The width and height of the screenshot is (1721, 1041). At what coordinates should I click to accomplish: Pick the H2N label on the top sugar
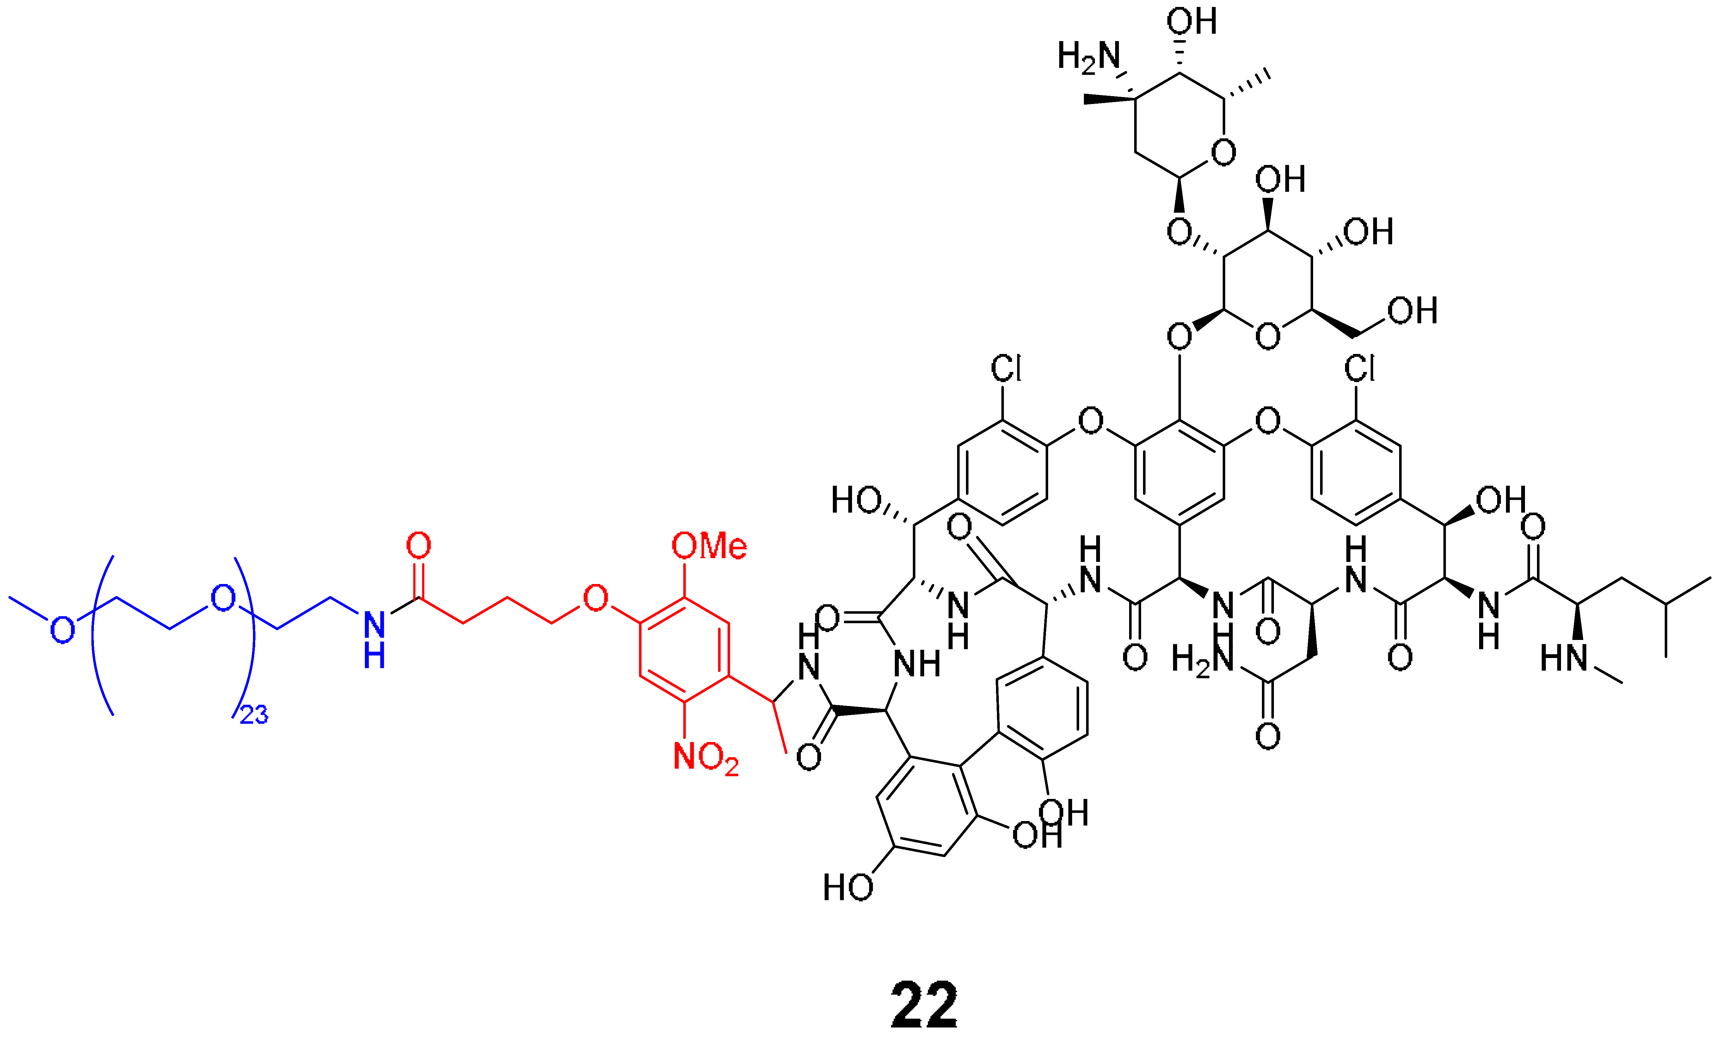1088,57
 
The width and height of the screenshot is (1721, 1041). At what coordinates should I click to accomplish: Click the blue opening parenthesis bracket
101,635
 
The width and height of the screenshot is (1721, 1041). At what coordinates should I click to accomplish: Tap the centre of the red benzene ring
685,649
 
